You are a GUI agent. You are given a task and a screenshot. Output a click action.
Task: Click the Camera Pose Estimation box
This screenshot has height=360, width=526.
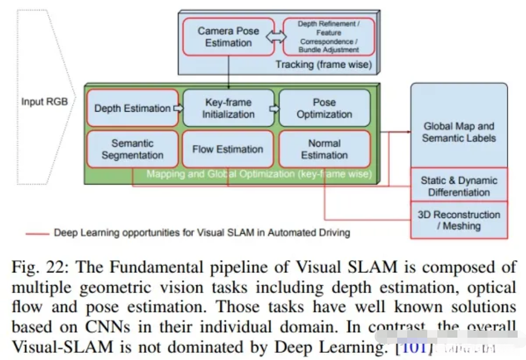[x=228, y=36]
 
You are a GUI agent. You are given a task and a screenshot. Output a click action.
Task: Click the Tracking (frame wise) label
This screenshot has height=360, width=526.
[x=323, y=65]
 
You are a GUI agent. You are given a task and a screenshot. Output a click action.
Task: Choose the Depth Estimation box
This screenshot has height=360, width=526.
[x=132, y=108]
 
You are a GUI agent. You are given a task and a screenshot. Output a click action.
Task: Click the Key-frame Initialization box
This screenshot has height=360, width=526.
[x=228, y=108]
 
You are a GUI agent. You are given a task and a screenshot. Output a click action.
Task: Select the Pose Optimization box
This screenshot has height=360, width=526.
[x=324, y=108]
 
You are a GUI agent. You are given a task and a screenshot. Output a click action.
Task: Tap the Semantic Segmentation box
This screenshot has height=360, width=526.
[x=132, y=149]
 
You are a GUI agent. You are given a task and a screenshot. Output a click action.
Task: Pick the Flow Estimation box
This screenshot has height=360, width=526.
[x=228, y=149]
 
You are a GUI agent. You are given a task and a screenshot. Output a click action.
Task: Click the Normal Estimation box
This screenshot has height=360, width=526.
[x=324, y=149]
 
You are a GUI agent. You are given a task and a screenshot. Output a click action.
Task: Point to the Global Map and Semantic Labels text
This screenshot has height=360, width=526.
[x=459, y=132]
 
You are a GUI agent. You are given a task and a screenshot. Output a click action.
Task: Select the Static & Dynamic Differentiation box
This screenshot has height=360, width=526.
[x=459, y=186]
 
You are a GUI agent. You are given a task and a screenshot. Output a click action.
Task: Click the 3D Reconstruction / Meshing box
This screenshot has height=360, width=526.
[x=459, y=220]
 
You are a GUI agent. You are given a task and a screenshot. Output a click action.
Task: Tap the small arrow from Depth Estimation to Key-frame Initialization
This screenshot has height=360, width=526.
[x=178, y=108]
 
